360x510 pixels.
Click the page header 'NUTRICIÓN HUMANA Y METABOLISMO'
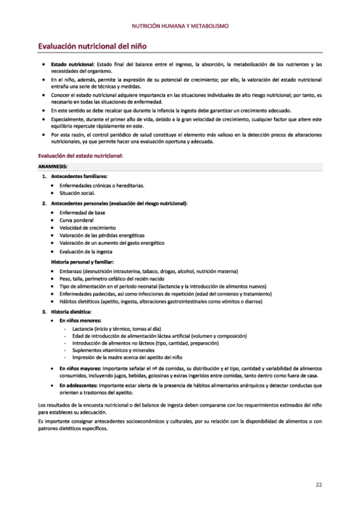click(x=180, y=26)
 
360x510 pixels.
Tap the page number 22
click(x=319, y=484)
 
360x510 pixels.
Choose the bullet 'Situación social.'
click(x=78, y=194)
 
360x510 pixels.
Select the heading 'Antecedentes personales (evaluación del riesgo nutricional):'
click(x=119, y=203)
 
